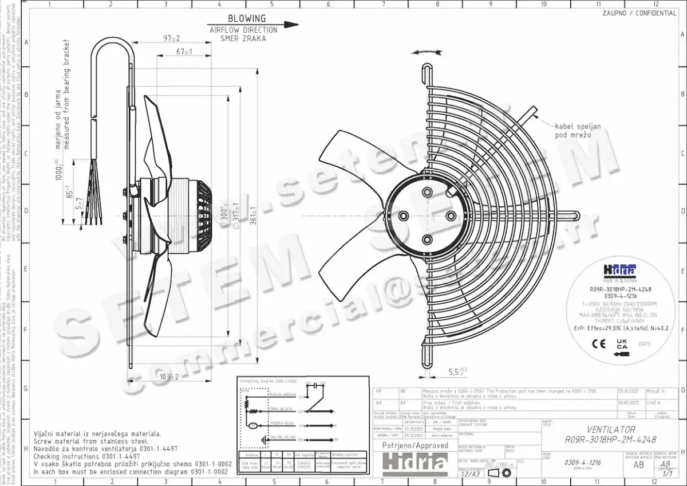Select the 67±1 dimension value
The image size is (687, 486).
184,52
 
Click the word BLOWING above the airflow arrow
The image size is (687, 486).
247,18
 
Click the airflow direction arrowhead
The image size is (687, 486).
291,25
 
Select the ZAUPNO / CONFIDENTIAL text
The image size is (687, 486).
639,13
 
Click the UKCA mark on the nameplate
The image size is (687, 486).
621,344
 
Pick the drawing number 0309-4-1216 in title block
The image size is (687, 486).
583,462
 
